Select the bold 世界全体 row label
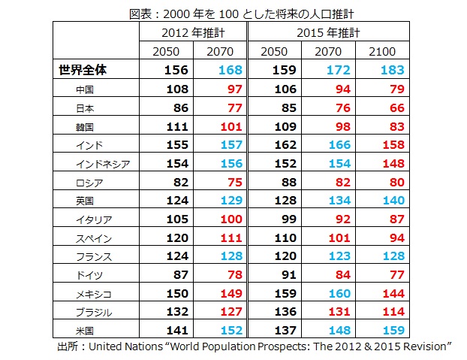(85, 71)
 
